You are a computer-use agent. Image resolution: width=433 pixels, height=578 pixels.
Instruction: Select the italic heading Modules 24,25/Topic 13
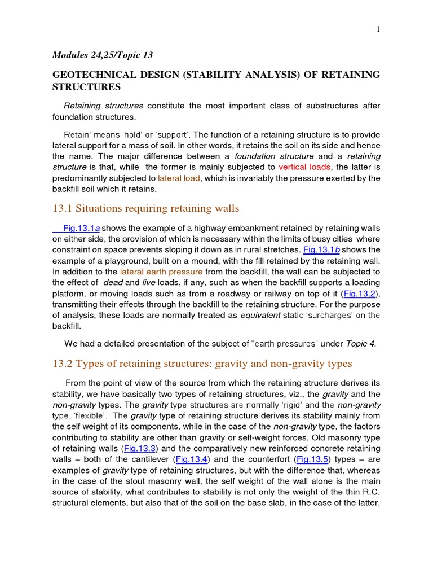103,55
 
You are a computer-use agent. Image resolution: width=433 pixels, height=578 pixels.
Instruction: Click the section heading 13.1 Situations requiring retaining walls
146,208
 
